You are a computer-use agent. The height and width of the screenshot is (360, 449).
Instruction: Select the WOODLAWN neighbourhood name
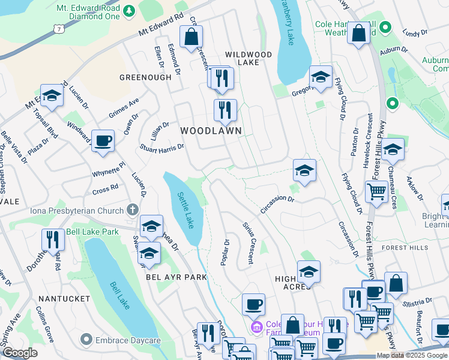(x=211, y=130)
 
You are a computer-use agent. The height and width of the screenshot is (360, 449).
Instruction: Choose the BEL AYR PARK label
(x=176, y=277)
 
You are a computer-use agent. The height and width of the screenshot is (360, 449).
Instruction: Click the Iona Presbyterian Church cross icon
(x=133, y=211)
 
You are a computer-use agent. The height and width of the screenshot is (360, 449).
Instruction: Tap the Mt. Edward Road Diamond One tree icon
(x=128, y=11)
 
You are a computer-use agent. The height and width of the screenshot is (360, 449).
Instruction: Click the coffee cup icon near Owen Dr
(x=103, y=141)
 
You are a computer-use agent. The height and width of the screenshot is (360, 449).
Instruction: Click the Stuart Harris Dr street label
(x=161, y=147)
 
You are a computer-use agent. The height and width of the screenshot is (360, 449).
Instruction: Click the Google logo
(x=20, y=353)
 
